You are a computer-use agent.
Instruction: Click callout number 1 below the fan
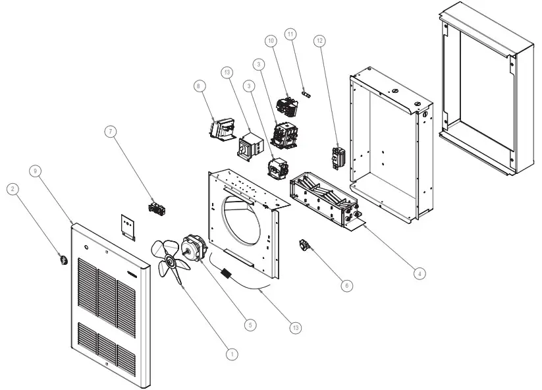click(x=230, y=354)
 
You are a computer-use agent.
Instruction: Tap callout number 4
click(x=419, y=271)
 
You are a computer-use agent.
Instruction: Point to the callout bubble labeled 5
click(x=249, y=324)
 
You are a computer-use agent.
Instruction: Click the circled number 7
click(x=111, y=132)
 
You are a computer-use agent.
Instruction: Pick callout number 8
click(x=199, y=86)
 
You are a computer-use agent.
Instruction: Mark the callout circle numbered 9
click(x=37, y=171)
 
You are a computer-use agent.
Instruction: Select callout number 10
click(x=271, y=41)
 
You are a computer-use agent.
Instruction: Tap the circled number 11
click(x=291, y=34)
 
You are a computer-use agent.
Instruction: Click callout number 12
click(x=320, y=41)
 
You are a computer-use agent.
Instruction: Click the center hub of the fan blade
click(x=171, y=262)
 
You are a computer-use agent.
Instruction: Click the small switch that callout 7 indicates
click(x=157, y=208)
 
